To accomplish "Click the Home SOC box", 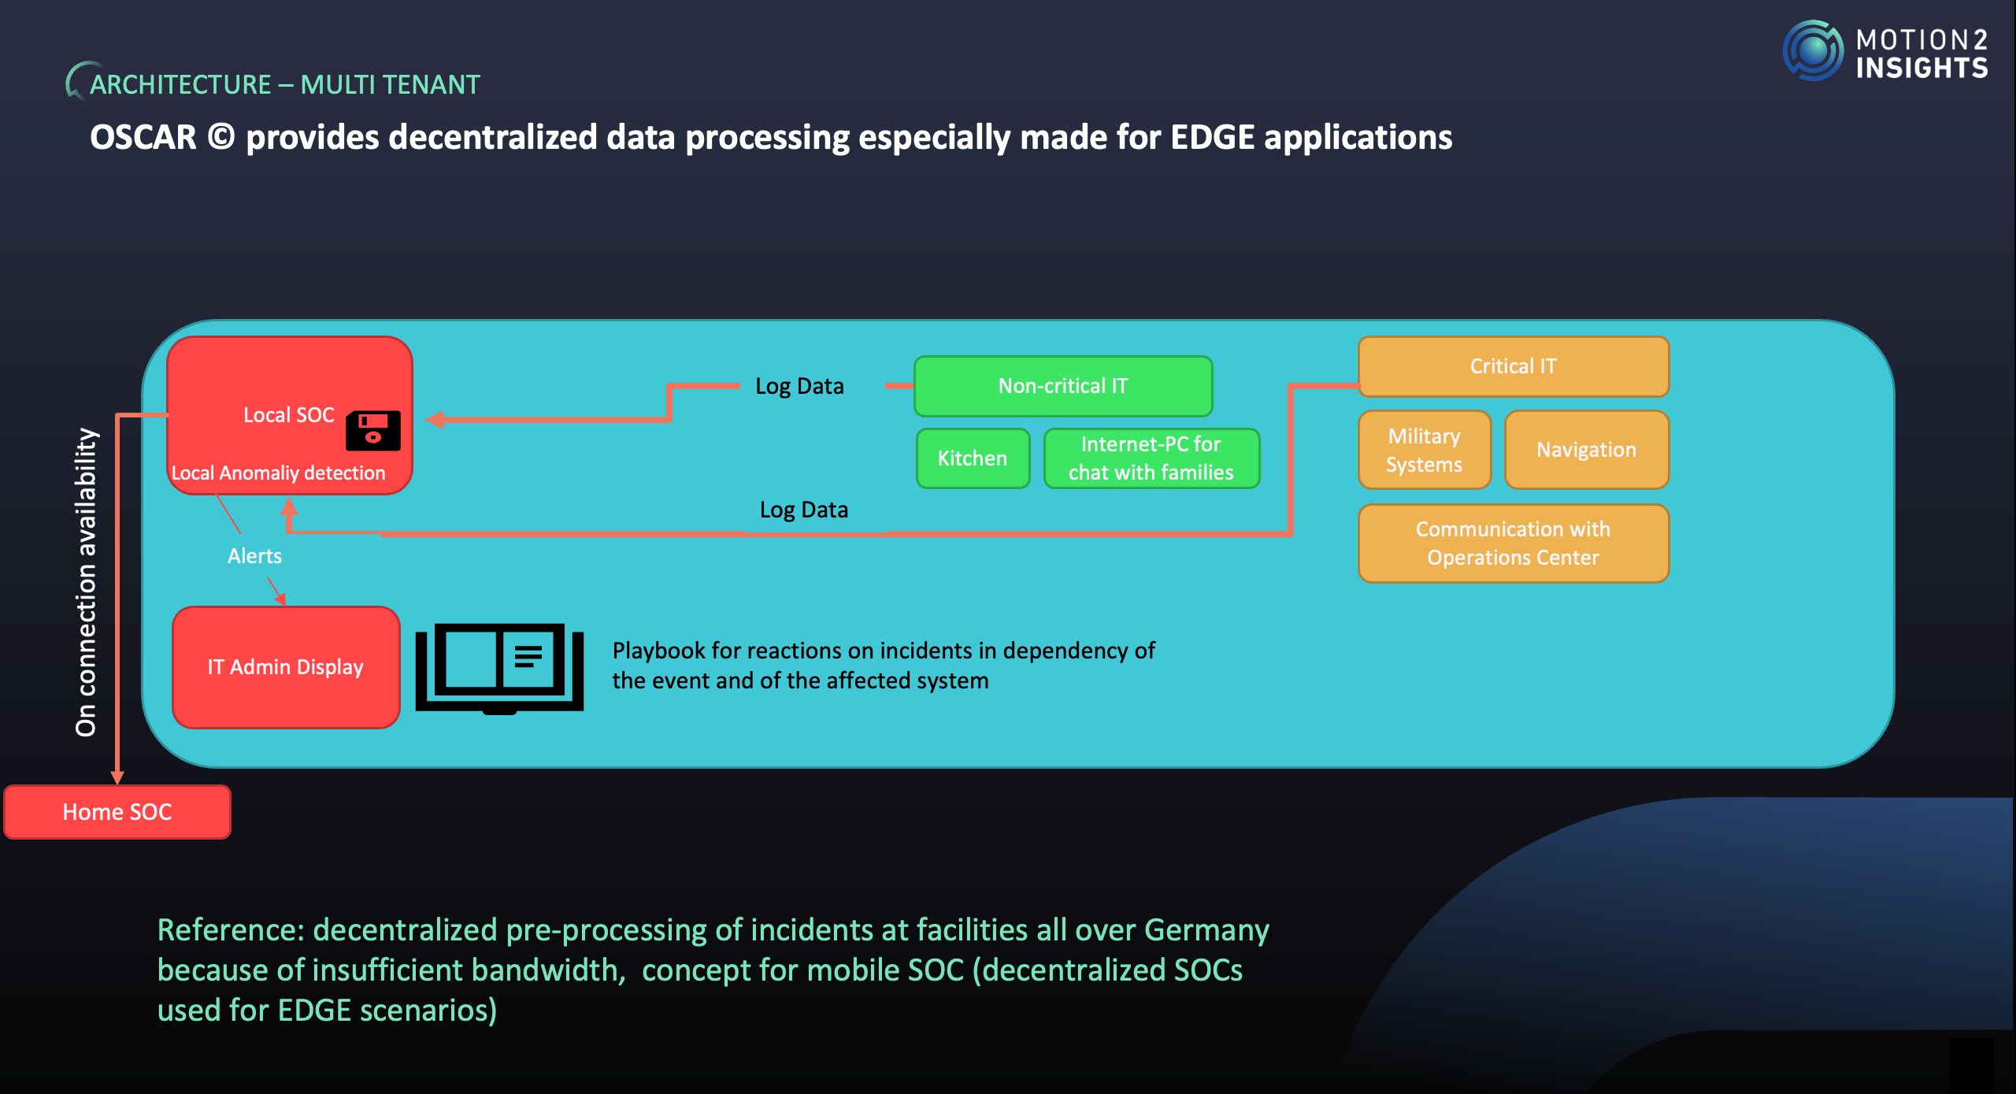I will (117, 811).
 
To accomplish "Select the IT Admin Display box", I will (286, 667).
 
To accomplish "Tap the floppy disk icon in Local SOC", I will (373, 430).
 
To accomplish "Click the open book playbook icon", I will (499, 667).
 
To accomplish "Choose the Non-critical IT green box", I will (1062, 386).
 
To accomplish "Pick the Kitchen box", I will (973, 458).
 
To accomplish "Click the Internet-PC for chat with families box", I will (1151, 458).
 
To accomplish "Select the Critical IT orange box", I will (1513, 366).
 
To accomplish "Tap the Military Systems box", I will (1424, 450).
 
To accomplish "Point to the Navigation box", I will (1586, 450).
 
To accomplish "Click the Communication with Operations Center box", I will (1513, 543).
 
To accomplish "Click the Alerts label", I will (254, 556).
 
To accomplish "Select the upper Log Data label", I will (799, 386).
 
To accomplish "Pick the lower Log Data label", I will (803, 510).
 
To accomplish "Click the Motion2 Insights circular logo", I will (1813, 51).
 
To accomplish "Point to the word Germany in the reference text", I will (1206, 930).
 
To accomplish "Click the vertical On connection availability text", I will (86, 583).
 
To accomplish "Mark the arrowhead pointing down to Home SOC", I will (117, 777).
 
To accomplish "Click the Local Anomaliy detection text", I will (278, 473).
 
